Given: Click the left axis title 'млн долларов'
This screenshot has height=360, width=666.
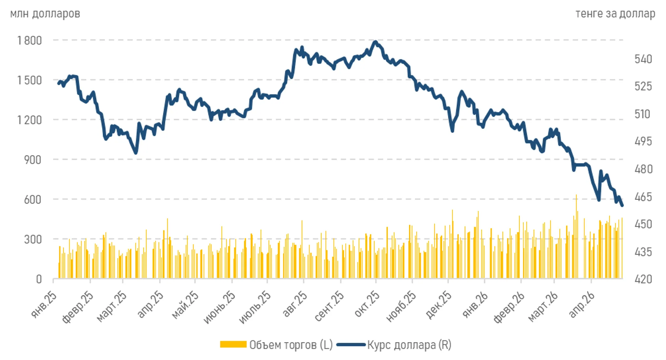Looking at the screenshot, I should [x=45, y=14].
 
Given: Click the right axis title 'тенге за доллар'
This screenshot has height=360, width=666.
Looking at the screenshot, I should [x=615, y=14].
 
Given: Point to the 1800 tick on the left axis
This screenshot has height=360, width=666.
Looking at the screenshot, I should [x=29, y=40].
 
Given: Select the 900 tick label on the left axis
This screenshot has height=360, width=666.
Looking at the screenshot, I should [x=33, y=160].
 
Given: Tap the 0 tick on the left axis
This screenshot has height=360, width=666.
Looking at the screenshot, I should [x=39, y=279].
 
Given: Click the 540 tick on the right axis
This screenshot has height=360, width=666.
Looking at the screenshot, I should [x=643, y=59].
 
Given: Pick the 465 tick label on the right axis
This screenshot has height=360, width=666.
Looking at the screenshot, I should [x=643, y=197].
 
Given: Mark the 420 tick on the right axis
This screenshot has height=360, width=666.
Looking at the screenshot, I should [x=643, y=279].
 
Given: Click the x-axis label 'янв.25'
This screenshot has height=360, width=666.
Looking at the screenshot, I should [x=44, y=304].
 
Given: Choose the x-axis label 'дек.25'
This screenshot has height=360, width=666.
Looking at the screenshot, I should [x=438, y=305].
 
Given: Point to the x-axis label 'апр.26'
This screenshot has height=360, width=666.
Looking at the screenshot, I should [x=582, y=304].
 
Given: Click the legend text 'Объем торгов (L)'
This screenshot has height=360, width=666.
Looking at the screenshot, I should [x=291, y=345].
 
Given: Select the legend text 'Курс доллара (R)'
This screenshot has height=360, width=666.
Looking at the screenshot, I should [x=409, y=345].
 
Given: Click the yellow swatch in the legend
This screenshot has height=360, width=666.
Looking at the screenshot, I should [x=233, y=344].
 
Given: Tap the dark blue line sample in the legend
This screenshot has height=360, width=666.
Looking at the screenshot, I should [x=351, y=345].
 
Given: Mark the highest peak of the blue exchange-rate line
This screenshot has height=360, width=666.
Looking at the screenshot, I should [x=375, y=42].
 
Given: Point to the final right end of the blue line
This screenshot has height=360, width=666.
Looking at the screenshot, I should [x=622, y=205].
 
